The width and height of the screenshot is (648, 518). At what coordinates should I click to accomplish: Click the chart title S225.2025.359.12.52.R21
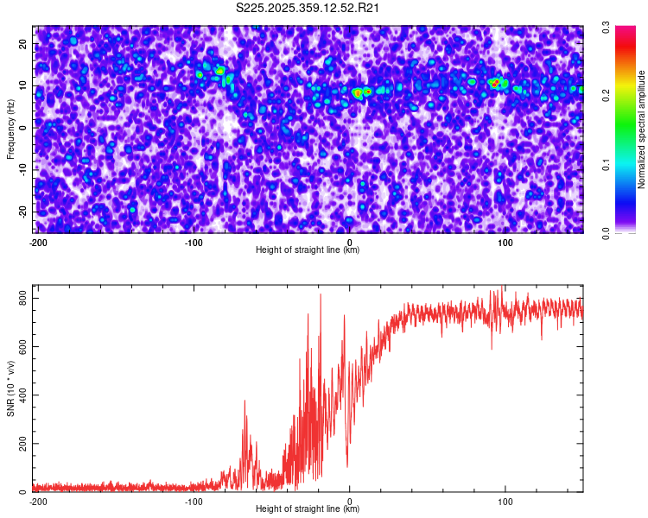click(x=308, y=9)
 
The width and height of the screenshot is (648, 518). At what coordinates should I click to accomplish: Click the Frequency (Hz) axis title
click(x=11, y=129)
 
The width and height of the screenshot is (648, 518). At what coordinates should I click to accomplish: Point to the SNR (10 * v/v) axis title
click(x=11, y=388)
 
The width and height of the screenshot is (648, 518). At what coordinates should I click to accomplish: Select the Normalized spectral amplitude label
click(x=642, y=129)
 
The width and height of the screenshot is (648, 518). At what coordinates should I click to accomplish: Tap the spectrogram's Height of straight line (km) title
click(x=308, y=250)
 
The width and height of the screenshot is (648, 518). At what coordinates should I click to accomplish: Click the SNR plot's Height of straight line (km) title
click(x=308, y=509)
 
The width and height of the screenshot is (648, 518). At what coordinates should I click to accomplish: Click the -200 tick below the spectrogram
click(x=38, y=243)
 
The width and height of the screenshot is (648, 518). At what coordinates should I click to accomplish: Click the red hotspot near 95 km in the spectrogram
click(x=494, y=84)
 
